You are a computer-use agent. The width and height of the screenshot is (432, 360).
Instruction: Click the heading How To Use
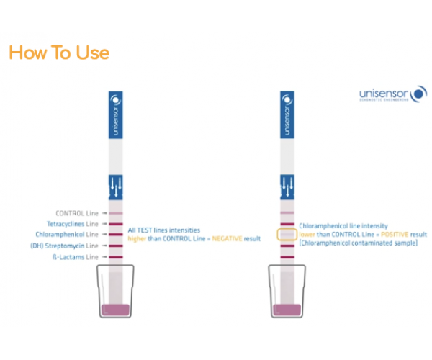(x=59, y=53)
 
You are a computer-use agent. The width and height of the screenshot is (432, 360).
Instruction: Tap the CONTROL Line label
(x=77, y=213)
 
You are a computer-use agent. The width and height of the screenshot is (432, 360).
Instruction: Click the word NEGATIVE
(x=220, y=238)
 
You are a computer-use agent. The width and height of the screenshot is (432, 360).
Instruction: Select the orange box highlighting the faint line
(x=287, y=235)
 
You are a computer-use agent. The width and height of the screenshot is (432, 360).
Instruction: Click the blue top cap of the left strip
(x=115, y=115)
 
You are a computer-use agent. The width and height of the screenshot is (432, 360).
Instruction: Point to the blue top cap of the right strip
(x=287, y=115)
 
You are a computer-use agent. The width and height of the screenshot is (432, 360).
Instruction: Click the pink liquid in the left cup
(x=115, y=310)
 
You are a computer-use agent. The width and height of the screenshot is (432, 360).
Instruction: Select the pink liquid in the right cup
(x=287, y=310)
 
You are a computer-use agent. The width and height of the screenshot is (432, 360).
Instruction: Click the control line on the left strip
(x=115, y=214)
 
